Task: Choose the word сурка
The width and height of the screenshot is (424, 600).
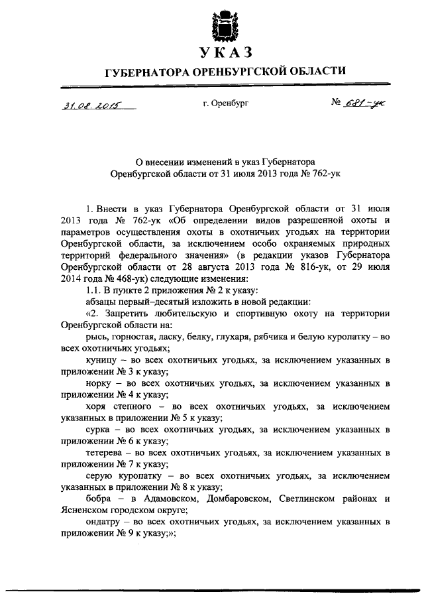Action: [99, 429]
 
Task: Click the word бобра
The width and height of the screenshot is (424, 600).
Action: [99, 499]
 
